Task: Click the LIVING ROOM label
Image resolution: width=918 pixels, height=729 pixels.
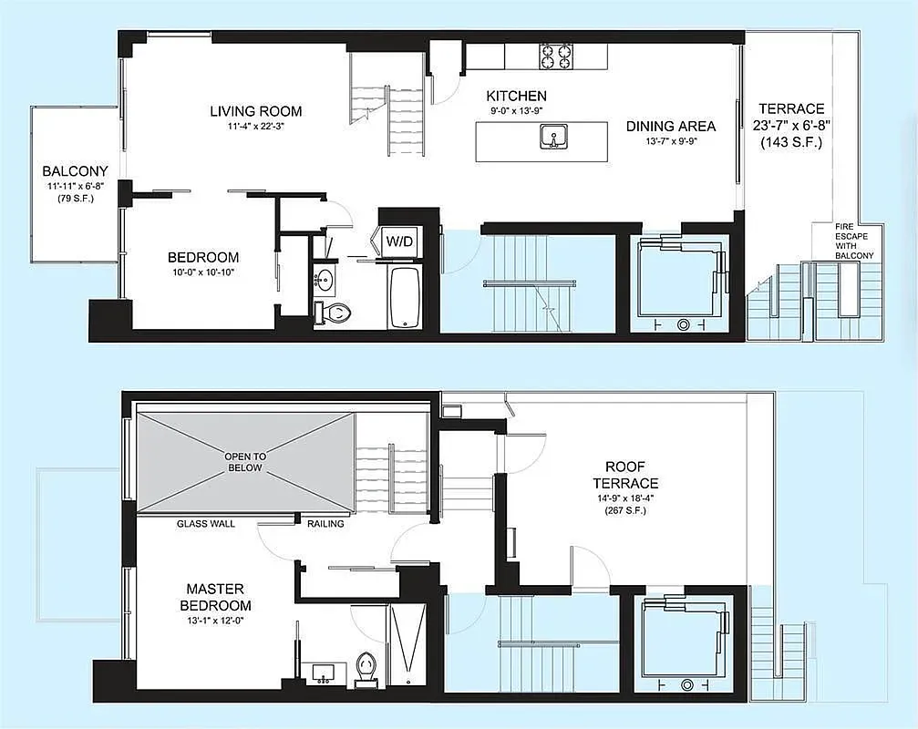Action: pos(255,111)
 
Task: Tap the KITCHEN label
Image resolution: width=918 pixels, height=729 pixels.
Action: pos(516,96)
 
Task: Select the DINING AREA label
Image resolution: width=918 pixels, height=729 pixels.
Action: pos(670,127)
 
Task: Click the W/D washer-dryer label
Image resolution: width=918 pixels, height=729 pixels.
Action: pos(399,241)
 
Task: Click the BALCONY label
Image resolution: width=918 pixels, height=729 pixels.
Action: pos(75,170)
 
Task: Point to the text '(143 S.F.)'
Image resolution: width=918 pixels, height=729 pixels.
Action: pos(789,142)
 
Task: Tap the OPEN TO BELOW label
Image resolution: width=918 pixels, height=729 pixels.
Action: pos(243,461)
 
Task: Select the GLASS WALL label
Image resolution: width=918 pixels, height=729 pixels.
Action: pos(205,524)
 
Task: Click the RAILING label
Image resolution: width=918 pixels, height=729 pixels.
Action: pos(325,524)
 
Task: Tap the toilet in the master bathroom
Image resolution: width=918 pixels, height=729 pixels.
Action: pos(366,665)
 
